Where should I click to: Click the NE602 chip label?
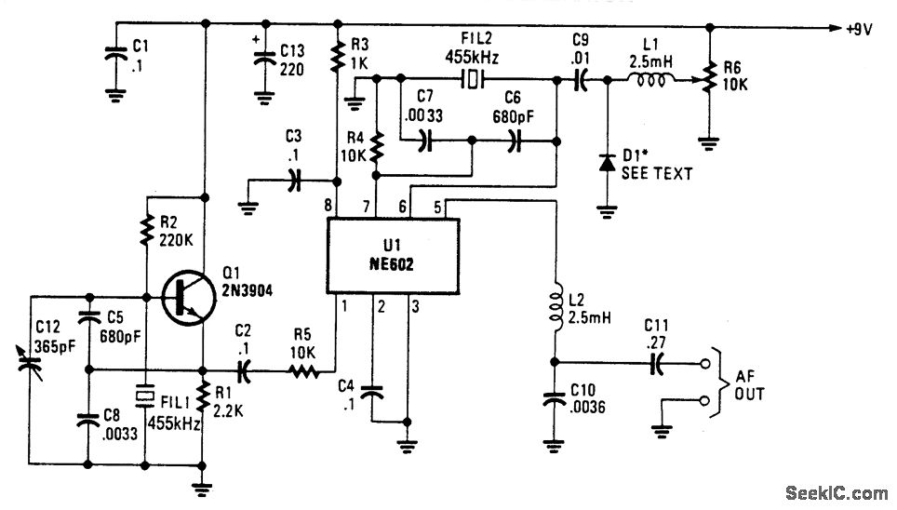point(385,263)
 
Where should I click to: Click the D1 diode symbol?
point(607,164)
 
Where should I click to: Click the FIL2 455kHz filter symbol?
point(475,80)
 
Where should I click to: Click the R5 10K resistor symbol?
point(302,370)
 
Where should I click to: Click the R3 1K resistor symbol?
point(336,57)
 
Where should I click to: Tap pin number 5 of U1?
point(438,207)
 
